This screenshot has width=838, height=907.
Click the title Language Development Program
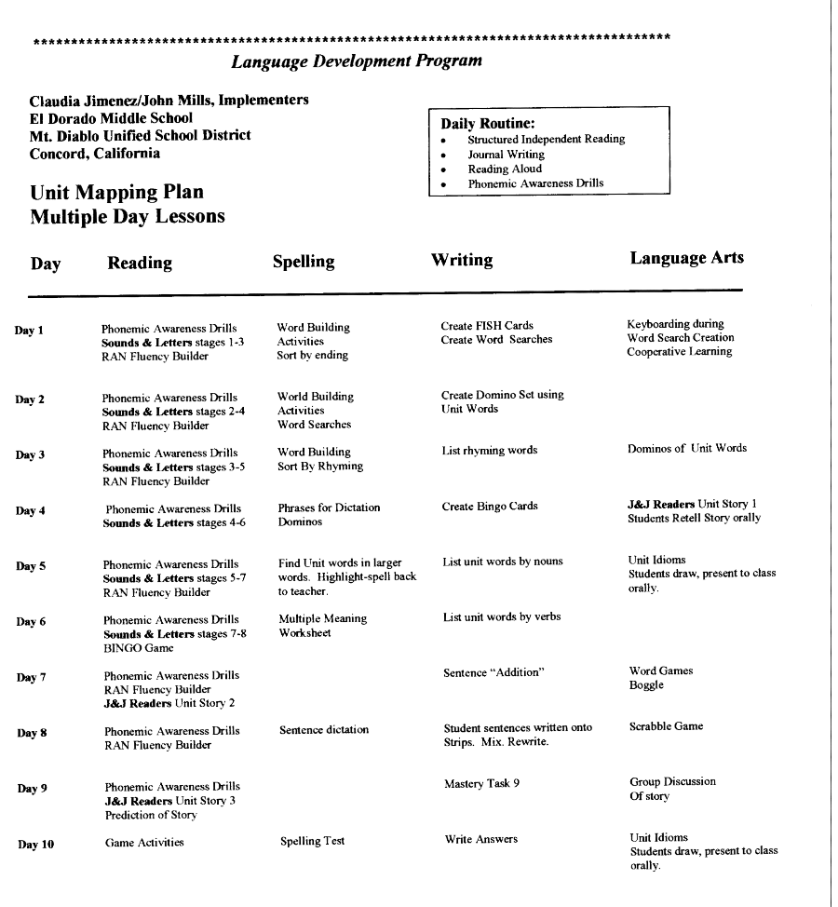tap(357, 61)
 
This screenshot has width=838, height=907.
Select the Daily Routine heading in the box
tap(487, 123)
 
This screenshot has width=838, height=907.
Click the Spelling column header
tap(303, 262)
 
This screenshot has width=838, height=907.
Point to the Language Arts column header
tap(686, 258)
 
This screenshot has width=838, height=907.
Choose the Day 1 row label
tap(29, 331)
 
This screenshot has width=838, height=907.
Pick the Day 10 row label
tap(36, 845)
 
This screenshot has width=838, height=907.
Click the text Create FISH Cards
tap(487, 326)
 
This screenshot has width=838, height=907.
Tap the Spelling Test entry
tap(312, 841)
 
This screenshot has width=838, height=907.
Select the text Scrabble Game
tap(666, 726)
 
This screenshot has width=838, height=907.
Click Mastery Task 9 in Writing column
tap(481, 783)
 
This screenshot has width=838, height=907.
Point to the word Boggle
tap(646, 685)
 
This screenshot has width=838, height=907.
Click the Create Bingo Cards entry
tap(490, 507)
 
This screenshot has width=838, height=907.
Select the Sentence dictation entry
tap(323, 730)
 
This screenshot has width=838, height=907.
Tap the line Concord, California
tap(94, 154)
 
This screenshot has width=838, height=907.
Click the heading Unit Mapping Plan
tap(116, 193)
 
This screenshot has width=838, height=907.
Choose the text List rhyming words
tap(489, 451)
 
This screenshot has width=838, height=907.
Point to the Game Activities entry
tap(144, 843)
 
